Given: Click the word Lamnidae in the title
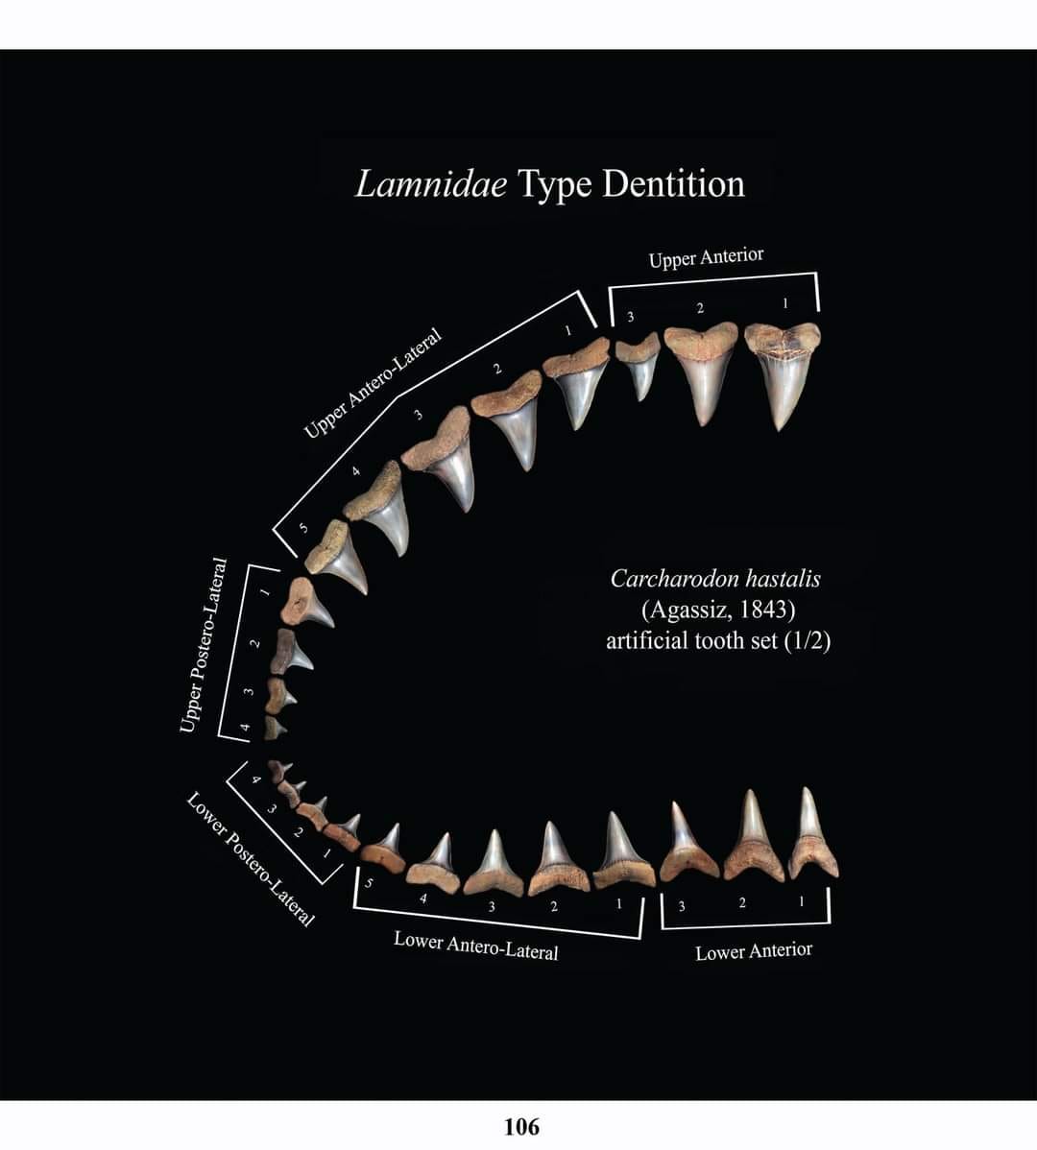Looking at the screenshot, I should pos(431,183).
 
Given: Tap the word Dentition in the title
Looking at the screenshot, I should pos(673,183).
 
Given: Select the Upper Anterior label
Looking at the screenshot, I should pos(706,257).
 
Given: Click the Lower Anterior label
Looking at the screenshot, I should pos(754,951).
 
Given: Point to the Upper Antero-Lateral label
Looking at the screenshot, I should pos(373,383).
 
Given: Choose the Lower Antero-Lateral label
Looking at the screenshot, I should pos(475,946).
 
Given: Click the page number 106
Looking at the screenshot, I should pos(522,1126).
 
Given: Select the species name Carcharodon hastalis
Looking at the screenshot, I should pos(715,579).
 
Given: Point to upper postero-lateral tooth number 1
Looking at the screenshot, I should pos(309,603).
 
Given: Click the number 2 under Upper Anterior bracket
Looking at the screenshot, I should pos(700,308).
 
